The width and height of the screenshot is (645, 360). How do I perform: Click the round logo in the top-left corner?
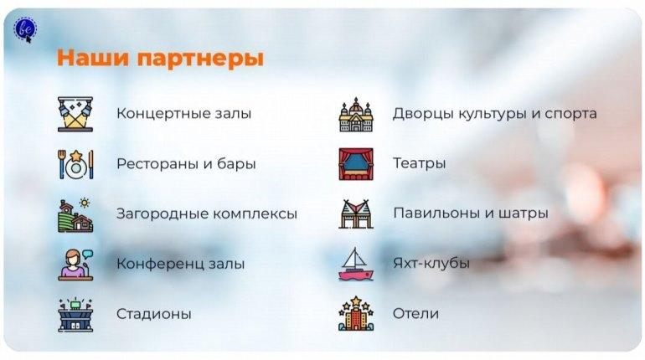[25, 28]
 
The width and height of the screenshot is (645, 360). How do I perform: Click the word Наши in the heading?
[93, 57]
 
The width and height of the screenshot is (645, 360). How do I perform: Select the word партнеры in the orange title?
[200, 59]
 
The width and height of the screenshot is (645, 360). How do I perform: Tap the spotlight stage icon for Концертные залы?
[75, 114]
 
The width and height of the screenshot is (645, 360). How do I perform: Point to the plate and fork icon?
[75, 164]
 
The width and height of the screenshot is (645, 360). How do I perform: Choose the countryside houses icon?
[75, 215]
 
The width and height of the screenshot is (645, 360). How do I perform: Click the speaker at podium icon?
[75, 265]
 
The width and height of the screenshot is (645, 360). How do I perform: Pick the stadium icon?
[75, 315]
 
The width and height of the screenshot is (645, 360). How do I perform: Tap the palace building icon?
[356, 115]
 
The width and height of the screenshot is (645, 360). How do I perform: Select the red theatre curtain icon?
[356, 164]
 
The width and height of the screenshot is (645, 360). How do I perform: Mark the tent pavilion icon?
[356, 214]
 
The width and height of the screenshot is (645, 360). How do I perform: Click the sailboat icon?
[356, 265]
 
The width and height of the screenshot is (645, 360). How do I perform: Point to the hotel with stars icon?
[356, 314]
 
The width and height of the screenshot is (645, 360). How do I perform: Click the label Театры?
[419, 163]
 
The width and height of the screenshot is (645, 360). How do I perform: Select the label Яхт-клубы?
[431, 263]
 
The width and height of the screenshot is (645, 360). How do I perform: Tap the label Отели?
[415, 314]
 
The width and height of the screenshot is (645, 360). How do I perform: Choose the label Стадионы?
[154, 314]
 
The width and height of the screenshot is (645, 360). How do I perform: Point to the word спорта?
[570, 114]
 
